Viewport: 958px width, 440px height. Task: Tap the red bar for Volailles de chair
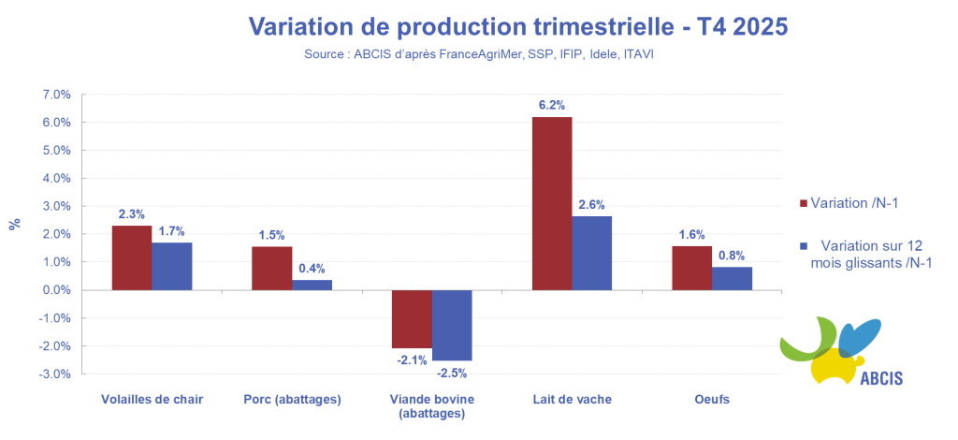[x=131, y=257]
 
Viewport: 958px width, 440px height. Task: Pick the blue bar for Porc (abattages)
[x=312, y=285]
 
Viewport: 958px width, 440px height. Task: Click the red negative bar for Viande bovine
[x=412, y=319]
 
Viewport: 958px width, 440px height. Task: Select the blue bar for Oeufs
[x=732, y=278]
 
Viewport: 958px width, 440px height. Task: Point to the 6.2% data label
[x=552, y=105]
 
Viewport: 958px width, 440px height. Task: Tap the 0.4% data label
[x=312, y=270]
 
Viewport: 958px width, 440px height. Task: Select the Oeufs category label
[x=711, y=400]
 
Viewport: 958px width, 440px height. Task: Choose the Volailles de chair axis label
[x=152, y=400]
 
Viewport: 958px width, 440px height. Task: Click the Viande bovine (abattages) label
[x=431, y=406]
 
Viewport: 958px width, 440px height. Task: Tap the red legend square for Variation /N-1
[x=803, y=203]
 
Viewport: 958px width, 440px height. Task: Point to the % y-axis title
[x=14, y=224]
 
